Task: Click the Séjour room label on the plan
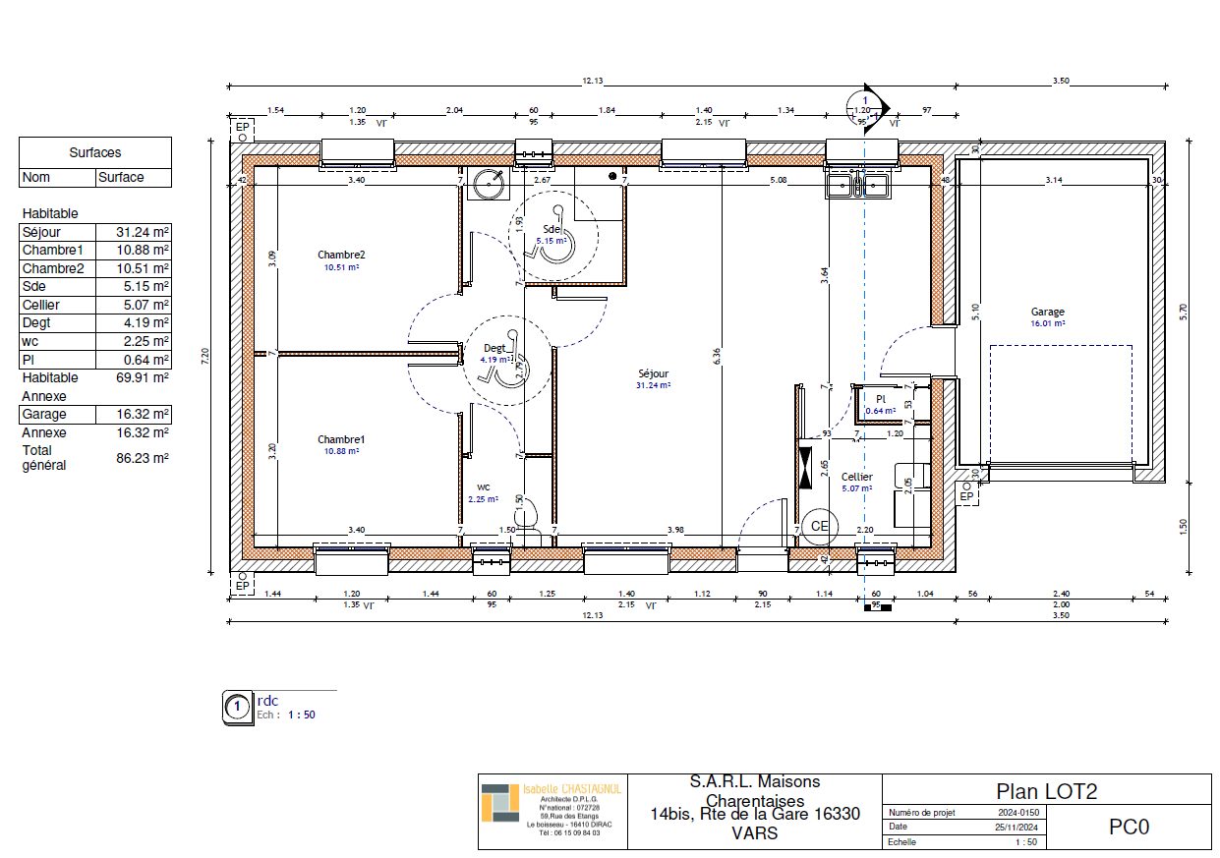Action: point(653,373)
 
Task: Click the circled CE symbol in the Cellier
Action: point(818,526)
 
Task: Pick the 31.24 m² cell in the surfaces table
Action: point(134,232)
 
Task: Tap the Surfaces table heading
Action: point(95,152)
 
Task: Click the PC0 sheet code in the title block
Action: point(1129,827)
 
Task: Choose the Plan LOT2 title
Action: point(1046,791)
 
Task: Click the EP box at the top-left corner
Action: point(242,128)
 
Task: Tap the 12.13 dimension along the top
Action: point(592,81)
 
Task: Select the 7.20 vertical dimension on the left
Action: point(205,357)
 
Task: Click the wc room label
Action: point(484,486)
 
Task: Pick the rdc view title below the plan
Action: point(267,701)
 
